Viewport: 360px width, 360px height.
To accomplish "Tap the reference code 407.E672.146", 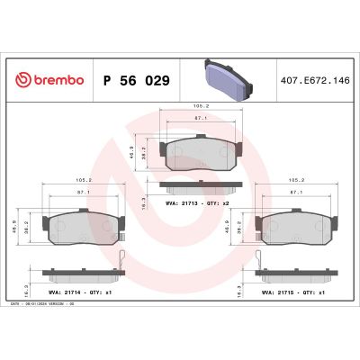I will coord(315,79).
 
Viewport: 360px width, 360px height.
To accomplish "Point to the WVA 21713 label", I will coord(206,205).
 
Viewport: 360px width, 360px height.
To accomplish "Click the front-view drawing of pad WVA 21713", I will coord(201,154).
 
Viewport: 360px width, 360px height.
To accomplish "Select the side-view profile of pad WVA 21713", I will coord(201,186).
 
